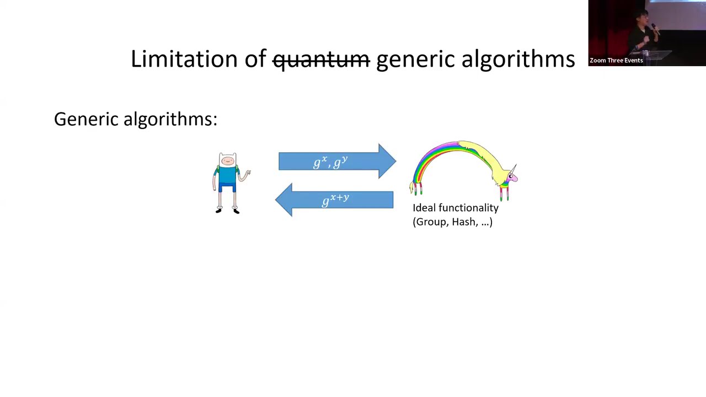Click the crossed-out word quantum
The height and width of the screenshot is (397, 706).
[321, 59]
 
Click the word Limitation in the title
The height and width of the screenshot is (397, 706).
[184, 59]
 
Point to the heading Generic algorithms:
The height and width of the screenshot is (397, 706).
[136, 119]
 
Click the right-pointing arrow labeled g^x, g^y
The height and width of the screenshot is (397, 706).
[336, 162]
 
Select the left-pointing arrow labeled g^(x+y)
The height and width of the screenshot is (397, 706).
[334, 200]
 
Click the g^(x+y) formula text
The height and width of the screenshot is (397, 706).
[335, 199]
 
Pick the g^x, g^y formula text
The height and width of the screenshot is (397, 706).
[330, 162]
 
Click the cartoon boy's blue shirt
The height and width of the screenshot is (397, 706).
[227, 176]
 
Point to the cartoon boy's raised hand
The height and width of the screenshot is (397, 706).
[248, 173]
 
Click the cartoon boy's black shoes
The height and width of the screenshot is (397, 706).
[227, 210]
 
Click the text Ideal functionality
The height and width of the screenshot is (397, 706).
[455, 208]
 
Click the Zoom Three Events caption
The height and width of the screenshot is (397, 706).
[616, 61]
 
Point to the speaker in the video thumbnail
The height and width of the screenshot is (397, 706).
[651, 33]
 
